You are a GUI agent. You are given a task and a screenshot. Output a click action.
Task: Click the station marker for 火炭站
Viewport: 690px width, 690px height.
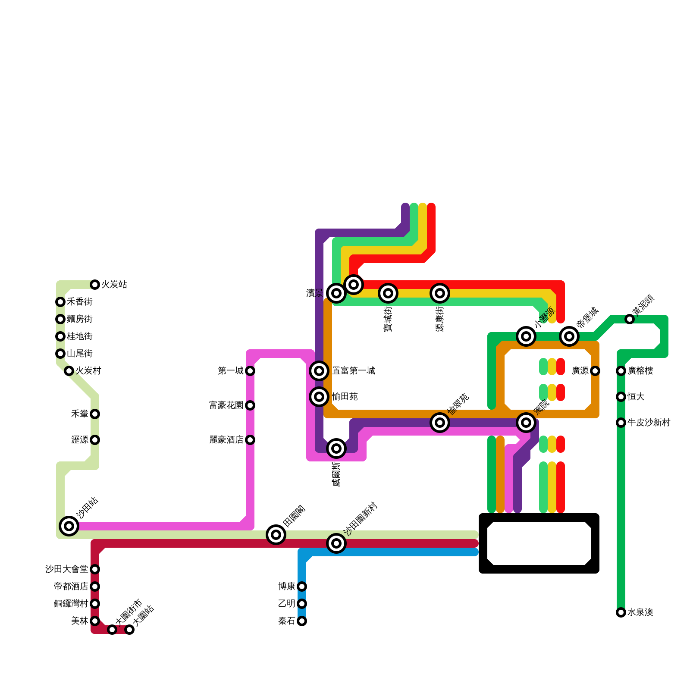pos(95,285)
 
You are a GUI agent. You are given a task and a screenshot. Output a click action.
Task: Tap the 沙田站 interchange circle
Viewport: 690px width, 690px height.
pos(69,526)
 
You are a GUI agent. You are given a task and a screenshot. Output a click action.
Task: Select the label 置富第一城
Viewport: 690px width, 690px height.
pos(353,371)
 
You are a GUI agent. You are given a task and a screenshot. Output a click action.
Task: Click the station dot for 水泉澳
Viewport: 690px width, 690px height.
pos(621,612)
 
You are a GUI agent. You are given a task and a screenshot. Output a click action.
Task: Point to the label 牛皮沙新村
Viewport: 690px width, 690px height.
pos(649,423)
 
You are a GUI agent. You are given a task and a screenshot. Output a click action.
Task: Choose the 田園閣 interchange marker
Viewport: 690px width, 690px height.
pos(276,535)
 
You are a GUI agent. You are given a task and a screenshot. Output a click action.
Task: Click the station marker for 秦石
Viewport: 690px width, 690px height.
pos(302,621)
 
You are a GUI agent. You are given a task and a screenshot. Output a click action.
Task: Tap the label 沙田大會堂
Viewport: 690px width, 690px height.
pos(67,569)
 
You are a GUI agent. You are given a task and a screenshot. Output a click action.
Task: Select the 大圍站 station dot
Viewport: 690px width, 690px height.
pos(129,630)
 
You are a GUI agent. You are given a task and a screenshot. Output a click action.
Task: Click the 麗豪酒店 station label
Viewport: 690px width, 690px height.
pos(226,440)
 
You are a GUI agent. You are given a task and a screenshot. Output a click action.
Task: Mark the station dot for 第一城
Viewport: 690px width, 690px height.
pos(250,371)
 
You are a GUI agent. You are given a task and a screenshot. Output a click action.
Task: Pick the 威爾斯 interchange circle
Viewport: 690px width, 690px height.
pos(336,448)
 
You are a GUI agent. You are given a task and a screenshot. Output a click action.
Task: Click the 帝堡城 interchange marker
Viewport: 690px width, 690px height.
pos(569,336)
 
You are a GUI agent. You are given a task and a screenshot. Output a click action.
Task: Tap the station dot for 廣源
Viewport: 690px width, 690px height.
pos(595,371)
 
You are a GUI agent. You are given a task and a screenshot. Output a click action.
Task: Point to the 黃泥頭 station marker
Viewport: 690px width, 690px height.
pos(630,319)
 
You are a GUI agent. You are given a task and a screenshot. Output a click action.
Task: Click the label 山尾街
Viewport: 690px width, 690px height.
pos(80,354)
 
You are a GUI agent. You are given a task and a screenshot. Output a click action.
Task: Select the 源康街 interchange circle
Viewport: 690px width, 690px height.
pos(440,293)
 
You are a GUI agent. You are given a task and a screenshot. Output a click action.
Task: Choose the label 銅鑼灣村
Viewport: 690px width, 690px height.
pos(71,604)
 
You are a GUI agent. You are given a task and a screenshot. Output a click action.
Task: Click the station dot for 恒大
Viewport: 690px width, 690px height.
pos(621,397)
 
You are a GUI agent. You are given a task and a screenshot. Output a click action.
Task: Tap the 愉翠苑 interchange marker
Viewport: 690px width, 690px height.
pos(440,423)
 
